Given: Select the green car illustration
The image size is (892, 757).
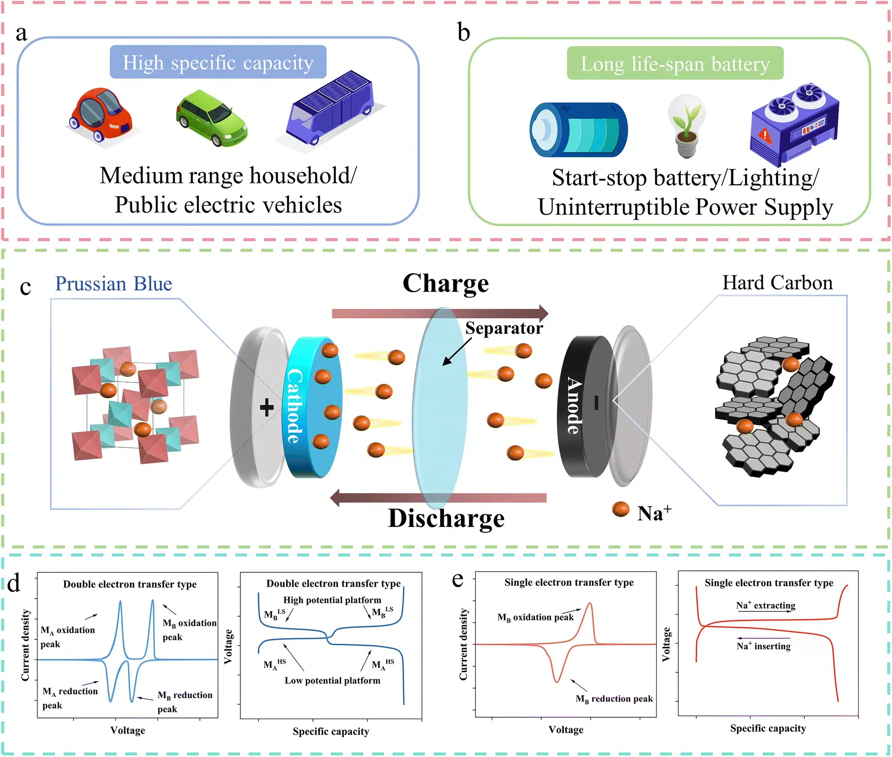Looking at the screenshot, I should click(212, 118).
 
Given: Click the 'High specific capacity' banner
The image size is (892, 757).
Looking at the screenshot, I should click(218, 62).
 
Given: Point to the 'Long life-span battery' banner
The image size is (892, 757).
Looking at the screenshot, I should click(675, 64).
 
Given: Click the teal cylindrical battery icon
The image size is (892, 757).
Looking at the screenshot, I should click(578, 130).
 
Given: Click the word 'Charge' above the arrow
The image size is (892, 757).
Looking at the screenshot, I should click(445, 283).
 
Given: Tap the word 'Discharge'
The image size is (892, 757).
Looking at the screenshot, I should click(446, 518).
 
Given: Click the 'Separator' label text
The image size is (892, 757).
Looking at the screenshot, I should click(504, 328).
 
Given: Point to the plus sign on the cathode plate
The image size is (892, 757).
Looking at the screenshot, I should click(266, 408).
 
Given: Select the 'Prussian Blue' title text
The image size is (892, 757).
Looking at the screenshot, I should click(113, 283).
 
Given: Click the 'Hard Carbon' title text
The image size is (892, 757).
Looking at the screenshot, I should click(777, 283).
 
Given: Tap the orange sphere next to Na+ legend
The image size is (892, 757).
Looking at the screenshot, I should click(620, 509).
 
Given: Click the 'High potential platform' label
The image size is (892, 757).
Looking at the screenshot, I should click(332, 600).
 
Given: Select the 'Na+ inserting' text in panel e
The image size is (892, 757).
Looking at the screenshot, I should click(763, 646).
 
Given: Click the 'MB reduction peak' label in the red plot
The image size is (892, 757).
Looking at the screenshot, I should click(614, 699).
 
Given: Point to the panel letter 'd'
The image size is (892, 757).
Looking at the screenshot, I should click(14, 584).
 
